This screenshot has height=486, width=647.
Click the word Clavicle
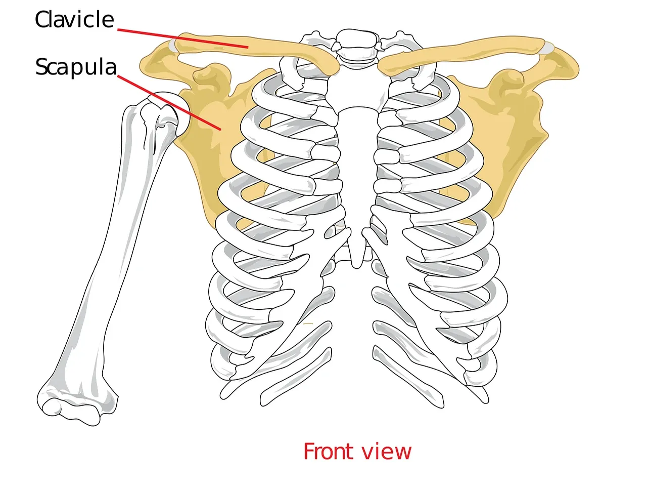pos(74,19)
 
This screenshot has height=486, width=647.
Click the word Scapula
pos(76,67)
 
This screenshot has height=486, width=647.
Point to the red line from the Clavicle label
pos(183,38)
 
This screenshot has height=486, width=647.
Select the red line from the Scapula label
pos(169,103)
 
